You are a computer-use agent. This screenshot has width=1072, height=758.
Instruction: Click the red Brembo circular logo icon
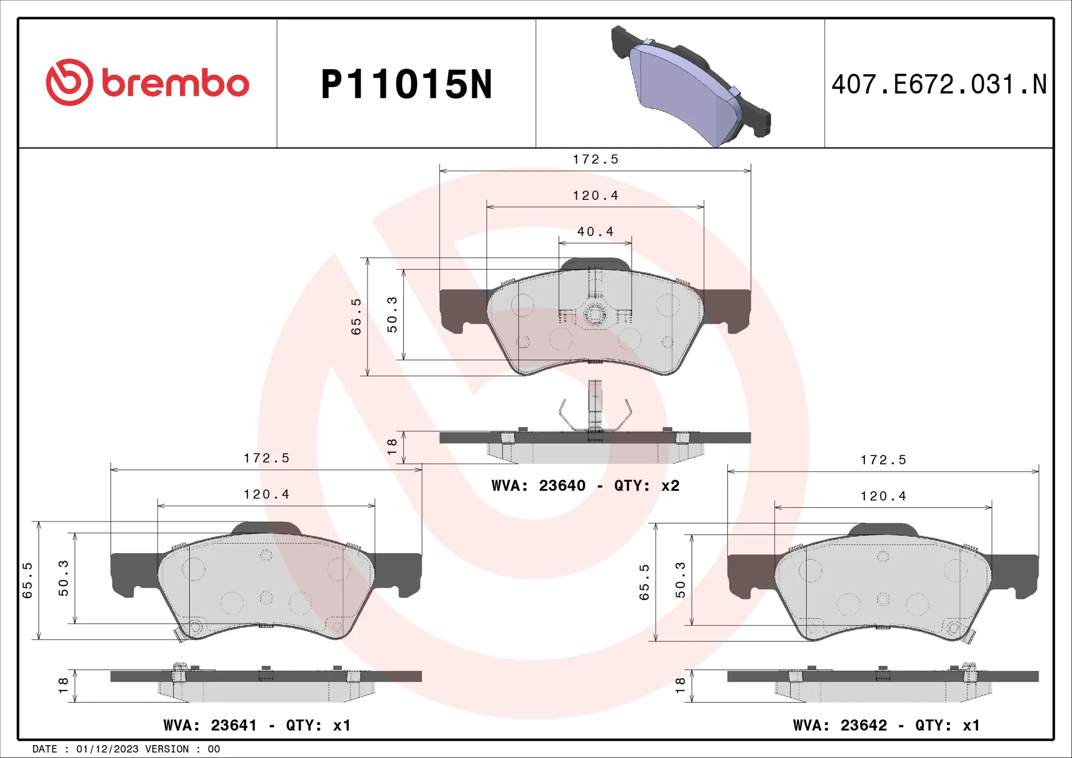[x=69, y=83]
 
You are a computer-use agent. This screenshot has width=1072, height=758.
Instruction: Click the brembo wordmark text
[x=175, y=84]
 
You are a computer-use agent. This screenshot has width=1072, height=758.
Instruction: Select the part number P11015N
[x=406, y=85]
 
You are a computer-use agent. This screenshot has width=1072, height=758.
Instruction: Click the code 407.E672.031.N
[x=939, y=85]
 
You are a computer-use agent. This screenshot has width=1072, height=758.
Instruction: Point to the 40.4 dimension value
[x=595, y=232]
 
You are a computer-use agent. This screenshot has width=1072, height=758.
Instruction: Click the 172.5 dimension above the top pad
[x=595, y=160]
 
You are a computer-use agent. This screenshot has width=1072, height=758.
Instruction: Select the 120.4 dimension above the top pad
[x=595, y=196]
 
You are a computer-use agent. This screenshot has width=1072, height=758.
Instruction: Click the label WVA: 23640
[x=538, y=486]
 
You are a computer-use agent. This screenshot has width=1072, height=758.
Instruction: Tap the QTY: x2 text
[x=647, y=486]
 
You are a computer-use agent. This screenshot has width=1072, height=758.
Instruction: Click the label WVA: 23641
[x=210, y=725]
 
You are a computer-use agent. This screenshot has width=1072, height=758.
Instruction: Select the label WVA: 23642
[x=840, y=725]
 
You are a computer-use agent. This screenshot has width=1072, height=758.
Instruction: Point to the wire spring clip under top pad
[x=595, y=413]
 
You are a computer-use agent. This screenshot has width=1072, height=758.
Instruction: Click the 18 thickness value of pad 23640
[x=392, y=446]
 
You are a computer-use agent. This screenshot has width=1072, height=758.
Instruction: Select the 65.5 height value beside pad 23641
[x=27, y=581]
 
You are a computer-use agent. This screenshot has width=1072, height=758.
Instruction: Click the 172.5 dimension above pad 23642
[x=883, y=460]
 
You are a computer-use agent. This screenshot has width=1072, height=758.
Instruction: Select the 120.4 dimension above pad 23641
[x=266, y=495]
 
